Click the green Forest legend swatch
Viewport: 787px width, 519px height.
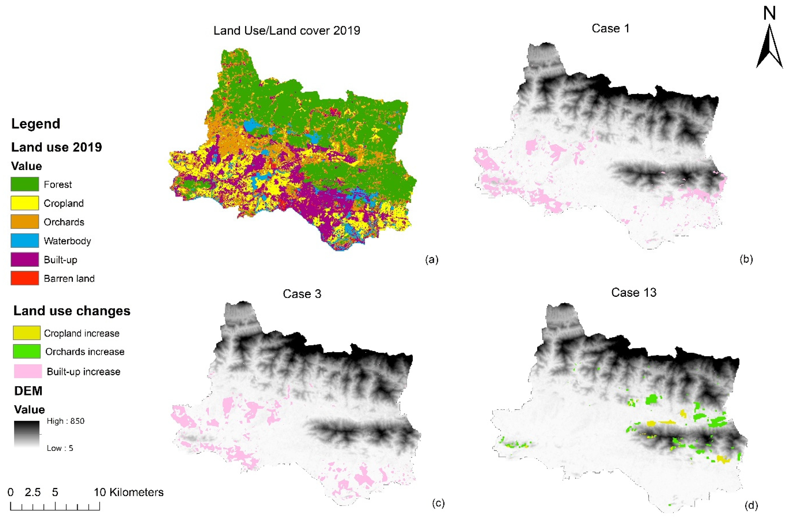tap(24, 184)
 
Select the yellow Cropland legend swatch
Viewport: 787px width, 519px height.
tap(24, 203)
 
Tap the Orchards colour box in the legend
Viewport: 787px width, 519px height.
tap(24, 222)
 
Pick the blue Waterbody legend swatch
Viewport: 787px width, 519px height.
tap(24, 241)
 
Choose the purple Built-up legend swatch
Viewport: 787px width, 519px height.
tap(24, 259)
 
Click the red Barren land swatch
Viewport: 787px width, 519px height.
tap(24, 278)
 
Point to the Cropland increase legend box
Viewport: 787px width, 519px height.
tap(26, 333)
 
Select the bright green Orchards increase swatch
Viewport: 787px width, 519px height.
tap(26, 351)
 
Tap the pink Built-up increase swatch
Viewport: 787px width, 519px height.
tap(28, 371)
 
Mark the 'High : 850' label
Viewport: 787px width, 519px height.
tap(65, 421)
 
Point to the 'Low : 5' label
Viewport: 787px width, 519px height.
tap(60, 448)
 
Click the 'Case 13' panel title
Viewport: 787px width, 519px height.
tap(634, 293)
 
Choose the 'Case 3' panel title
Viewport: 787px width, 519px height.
tap(302, 294)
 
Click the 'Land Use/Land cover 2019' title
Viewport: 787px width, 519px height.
tap(286, 30)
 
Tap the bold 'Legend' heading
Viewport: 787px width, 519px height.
tap(36, 124)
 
